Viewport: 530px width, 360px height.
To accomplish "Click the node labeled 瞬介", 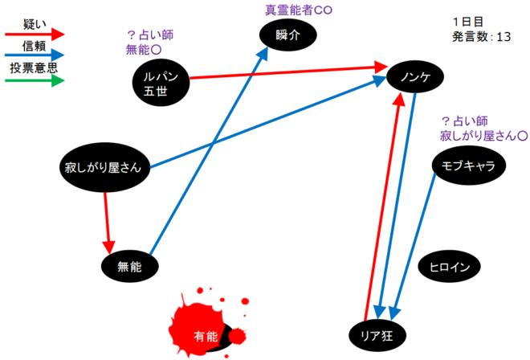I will coord(287,34).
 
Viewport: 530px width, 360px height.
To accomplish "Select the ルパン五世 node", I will coord(160,81).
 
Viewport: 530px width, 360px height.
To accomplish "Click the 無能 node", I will coord(128,266).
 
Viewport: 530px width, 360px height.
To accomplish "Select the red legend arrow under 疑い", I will coord(34,34).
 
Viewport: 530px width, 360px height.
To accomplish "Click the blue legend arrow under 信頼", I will coord(34,57).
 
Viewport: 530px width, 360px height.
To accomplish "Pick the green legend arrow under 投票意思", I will coord(34,80).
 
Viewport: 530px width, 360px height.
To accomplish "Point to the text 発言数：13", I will coord(482,36).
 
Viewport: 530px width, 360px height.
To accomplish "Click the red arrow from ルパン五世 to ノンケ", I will coord(289,77).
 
